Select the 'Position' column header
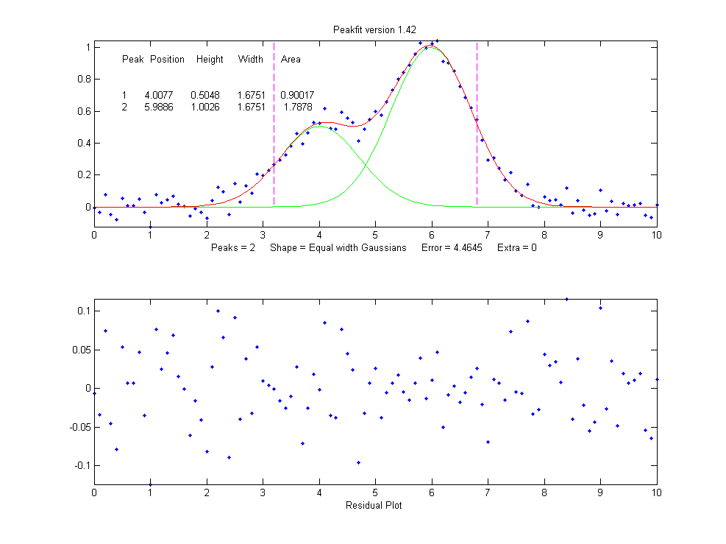[x=167, y=60]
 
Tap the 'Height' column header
[x=210, y=60]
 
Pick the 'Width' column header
[x=250, y=60]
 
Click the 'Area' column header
[x=291, y=60]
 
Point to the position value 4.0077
[x=158, y=96]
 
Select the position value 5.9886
[x=158, y=107]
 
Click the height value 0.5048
[x=204, y=96]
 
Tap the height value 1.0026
[x=204, y=107]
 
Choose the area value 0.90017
[x=297, y=96]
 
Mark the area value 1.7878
[x=298, y=107]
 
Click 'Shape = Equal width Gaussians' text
[x=338, y=248]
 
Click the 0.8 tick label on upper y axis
[x=84, y=79]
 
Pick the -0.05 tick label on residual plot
[x=79, y=427]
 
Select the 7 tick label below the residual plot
[x=488, y=494]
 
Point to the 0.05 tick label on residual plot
[x=80, y=350]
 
